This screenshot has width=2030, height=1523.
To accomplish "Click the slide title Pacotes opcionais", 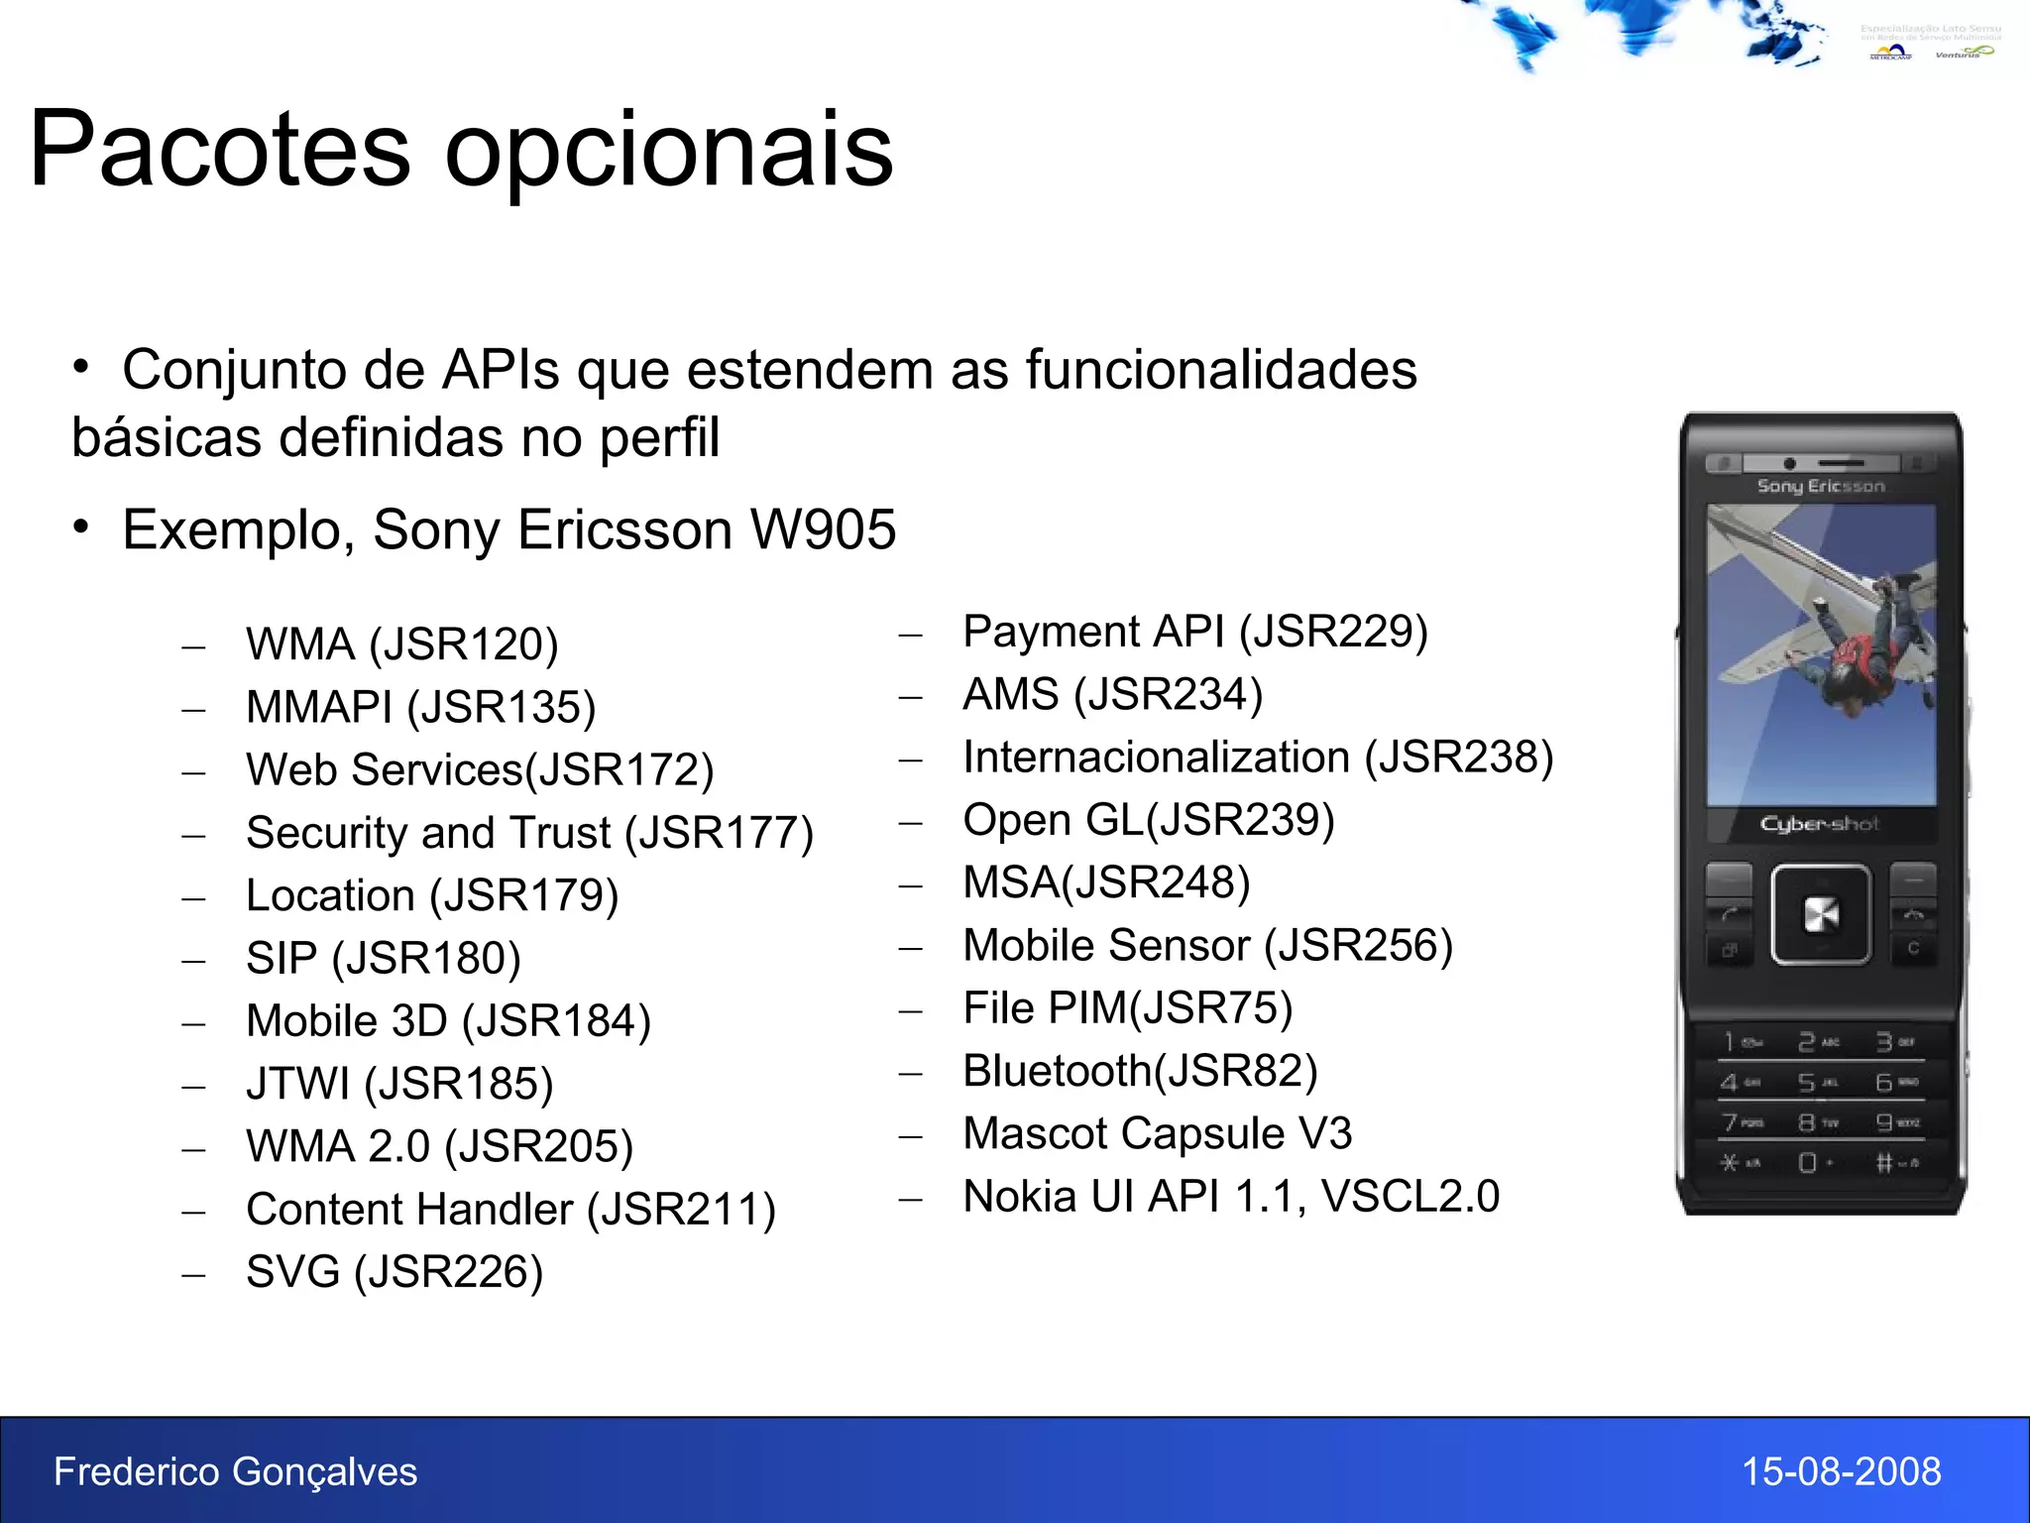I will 461,151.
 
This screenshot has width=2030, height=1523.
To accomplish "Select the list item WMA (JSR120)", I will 401,644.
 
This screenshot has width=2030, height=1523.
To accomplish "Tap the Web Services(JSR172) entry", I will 480,770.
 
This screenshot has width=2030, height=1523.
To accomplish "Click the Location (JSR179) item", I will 432,896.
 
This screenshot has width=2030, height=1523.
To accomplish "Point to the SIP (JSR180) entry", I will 383,959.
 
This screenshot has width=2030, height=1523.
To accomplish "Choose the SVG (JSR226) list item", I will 395,1272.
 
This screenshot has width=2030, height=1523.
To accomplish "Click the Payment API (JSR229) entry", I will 1194,632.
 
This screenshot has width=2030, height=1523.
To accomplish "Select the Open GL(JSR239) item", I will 1148,820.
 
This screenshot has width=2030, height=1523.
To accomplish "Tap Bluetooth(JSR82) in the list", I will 1140,1071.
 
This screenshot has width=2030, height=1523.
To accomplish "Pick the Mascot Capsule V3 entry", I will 1157,1133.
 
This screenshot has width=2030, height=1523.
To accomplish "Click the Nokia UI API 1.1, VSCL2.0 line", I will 1230,1197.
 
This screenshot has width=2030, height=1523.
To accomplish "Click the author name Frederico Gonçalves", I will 235,1471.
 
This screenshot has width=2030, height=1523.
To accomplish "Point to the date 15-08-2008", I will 1841,1471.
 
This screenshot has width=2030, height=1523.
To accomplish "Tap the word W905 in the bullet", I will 823,529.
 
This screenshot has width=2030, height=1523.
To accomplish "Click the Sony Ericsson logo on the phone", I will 1820,486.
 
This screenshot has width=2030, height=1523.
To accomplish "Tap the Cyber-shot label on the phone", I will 1819,824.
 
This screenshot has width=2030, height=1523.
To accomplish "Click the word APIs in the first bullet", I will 501,371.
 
